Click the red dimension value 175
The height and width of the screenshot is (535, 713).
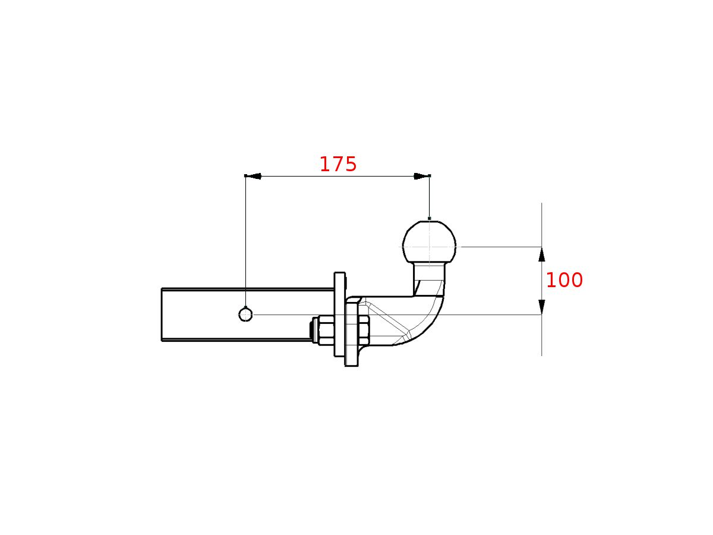click(338, 165)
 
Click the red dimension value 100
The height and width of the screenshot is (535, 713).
click(564, 281)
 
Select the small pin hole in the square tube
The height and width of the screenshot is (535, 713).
click(245, 314)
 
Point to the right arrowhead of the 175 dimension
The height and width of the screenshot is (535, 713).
click(421, 176)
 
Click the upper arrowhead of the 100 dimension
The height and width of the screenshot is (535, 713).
click(541, 254)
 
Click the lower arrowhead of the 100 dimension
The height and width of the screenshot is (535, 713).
click(541, 307)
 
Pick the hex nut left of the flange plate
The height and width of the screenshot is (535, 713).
click(326, 331)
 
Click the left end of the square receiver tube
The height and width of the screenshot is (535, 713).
click(162, 314)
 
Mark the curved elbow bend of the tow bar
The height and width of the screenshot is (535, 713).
click(431, 324)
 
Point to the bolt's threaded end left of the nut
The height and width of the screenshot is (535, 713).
click(313, 331)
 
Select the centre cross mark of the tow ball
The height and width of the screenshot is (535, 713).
click(430, 246)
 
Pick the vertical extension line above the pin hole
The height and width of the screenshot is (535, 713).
click(245, 238)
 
